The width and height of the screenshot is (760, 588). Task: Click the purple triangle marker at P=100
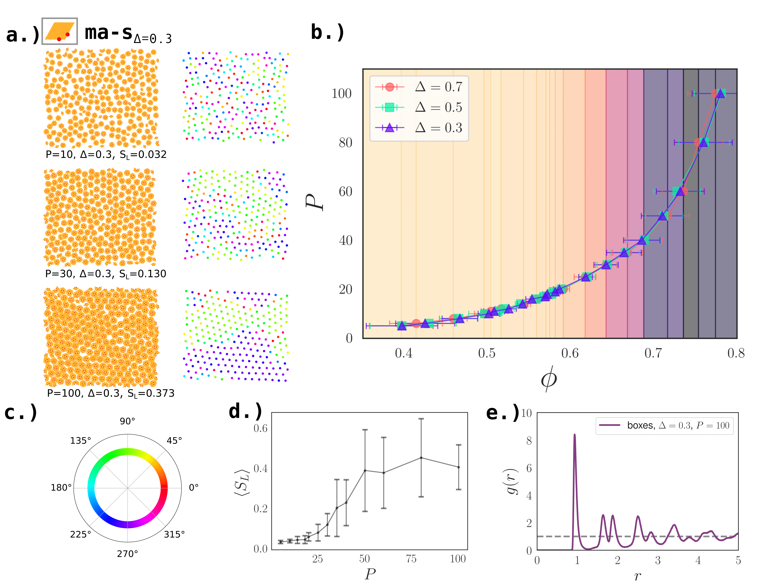click(x=720, y=94)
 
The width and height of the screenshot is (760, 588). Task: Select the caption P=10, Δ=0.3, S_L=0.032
click(x=106, y=155)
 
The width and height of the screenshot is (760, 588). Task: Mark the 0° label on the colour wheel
click(x=193, y=487)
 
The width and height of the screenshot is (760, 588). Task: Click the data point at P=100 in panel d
click(x=459, y=467)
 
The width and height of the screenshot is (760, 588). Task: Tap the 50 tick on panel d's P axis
click(x=364, y=559)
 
